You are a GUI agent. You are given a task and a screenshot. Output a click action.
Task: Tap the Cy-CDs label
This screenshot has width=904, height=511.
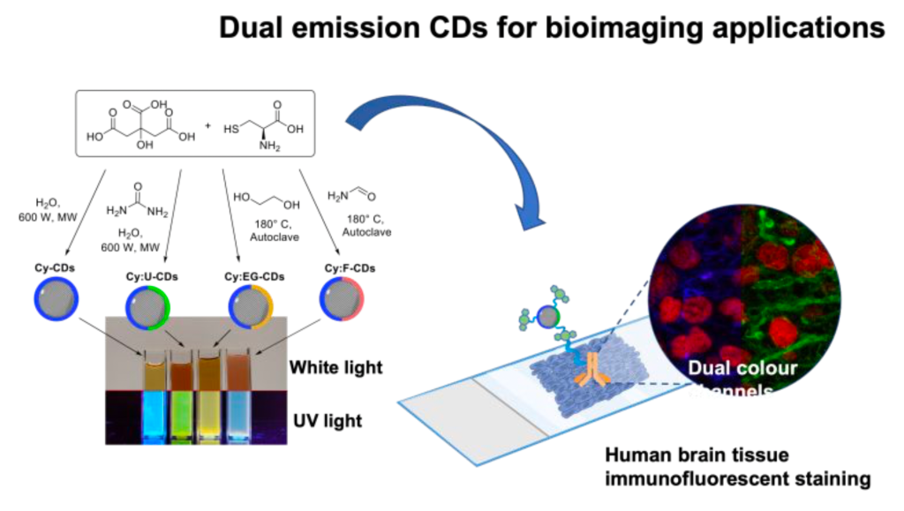tap(58, 268)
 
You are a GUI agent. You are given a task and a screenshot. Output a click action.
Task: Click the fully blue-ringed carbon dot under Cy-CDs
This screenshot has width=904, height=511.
tap(58, 297)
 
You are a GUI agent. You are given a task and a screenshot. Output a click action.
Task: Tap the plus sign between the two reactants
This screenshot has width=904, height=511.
tap(208, 125)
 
